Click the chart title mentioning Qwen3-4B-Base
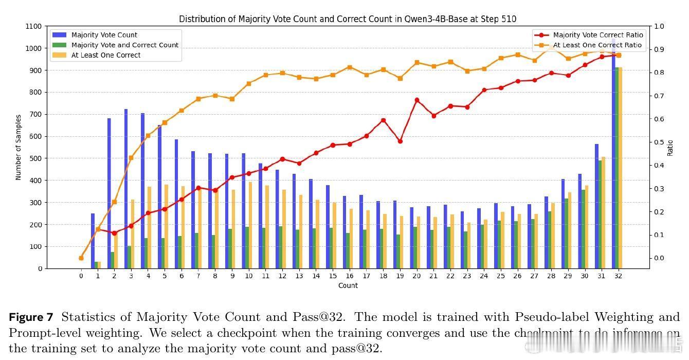coord(348,19)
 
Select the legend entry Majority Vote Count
coord(104,35)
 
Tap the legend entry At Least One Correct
coord(106,55)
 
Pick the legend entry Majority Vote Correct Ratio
coord(598,35)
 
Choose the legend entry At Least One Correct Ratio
coord(597,45)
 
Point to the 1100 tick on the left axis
coord(33,26)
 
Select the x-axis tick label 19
coord(400,276)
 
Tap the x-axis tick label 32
coord(618,276)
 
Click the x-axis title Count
coord(348,286)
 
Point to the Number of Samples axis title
coord(19,147)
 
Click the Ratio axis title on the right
coord(670,148)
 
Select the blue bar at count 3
coord(125,189)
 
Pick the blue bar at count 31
coord(596,206)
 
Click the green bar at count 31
coord(600,214)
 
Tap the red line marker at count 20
coord(416,100)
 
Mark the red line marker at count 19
coord(400,141)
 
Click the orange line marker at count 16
coord(350,67)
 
